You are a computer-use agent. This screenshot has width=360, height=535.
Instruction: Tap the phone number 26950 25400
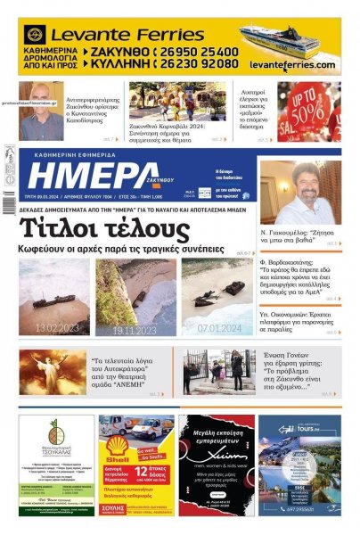[x=200, y=52]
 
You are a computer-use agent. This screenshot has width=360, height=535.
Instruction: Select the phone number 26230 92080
[x=200, y=64]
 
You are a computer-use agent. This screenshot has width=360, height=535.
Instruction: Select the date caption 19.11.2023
[x=134, y=329]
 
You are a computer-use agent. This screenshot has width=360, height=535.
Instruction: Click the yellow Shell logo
[x=117, y=447]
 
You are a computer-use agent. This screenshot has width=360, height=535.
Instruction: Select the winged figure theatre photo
[x=53, y=371]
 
